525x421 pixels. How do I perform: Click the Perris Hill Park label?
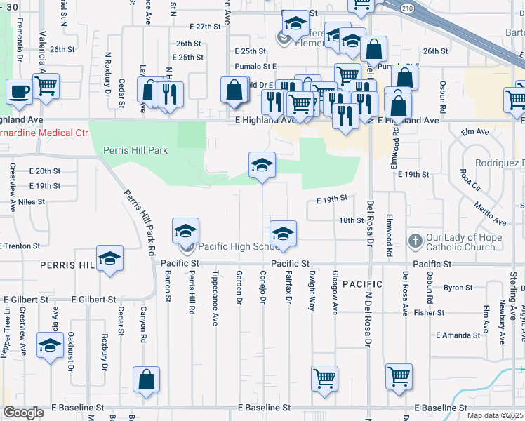135,149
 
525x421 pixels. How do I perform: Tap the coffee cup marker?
19,91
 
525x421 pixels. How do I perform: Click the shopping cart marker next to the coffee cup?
46,86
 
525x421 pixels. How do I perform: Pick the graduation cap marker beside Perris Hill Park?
262,166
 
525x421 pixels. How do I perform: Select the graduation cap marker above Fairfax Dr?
283,234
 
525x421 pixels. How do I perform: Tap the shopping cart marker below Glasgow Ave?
325,379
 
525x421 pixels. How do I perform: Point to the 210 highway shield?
407,7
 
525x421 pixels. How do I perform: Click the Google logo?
23,413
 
